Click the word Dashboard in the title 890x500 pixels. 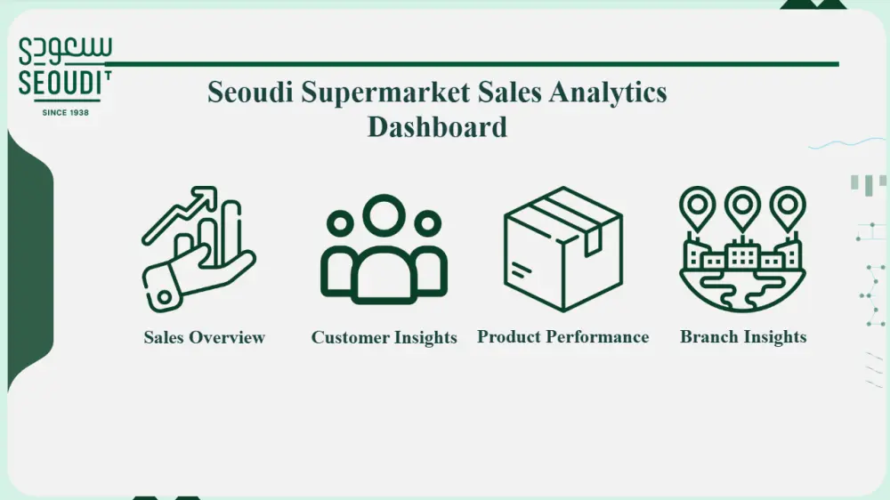(x=437, y=126)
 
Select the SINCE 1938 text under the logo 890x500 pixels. (x=65, y=112)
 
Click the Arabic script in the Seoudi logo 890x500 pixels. (x=65, y=51)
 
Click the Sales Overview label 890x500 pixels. (x=205, y=337)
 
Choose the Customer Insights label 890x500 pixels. (x=384, y=337)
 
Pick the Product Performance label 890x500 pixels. (x=562, y=336)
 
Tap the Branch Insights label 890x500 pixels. (x=743, y=336)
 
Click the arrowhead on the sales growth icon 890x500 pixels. (x=206, y=196)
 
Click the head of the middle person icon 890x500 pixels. (x=384, y=215)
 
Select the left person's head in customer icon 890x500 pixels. (x=341, y=223)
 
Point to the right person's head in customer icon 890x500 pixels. (x=428, y=223)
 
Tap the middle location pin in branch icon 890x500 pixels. (x=742, y=207)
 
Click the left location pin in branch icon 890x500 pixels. (x=698, y=207)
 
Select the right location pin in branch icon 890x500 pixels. (x=788, y=207)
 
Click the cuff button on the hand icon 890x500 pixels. (x=164, y=296)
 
